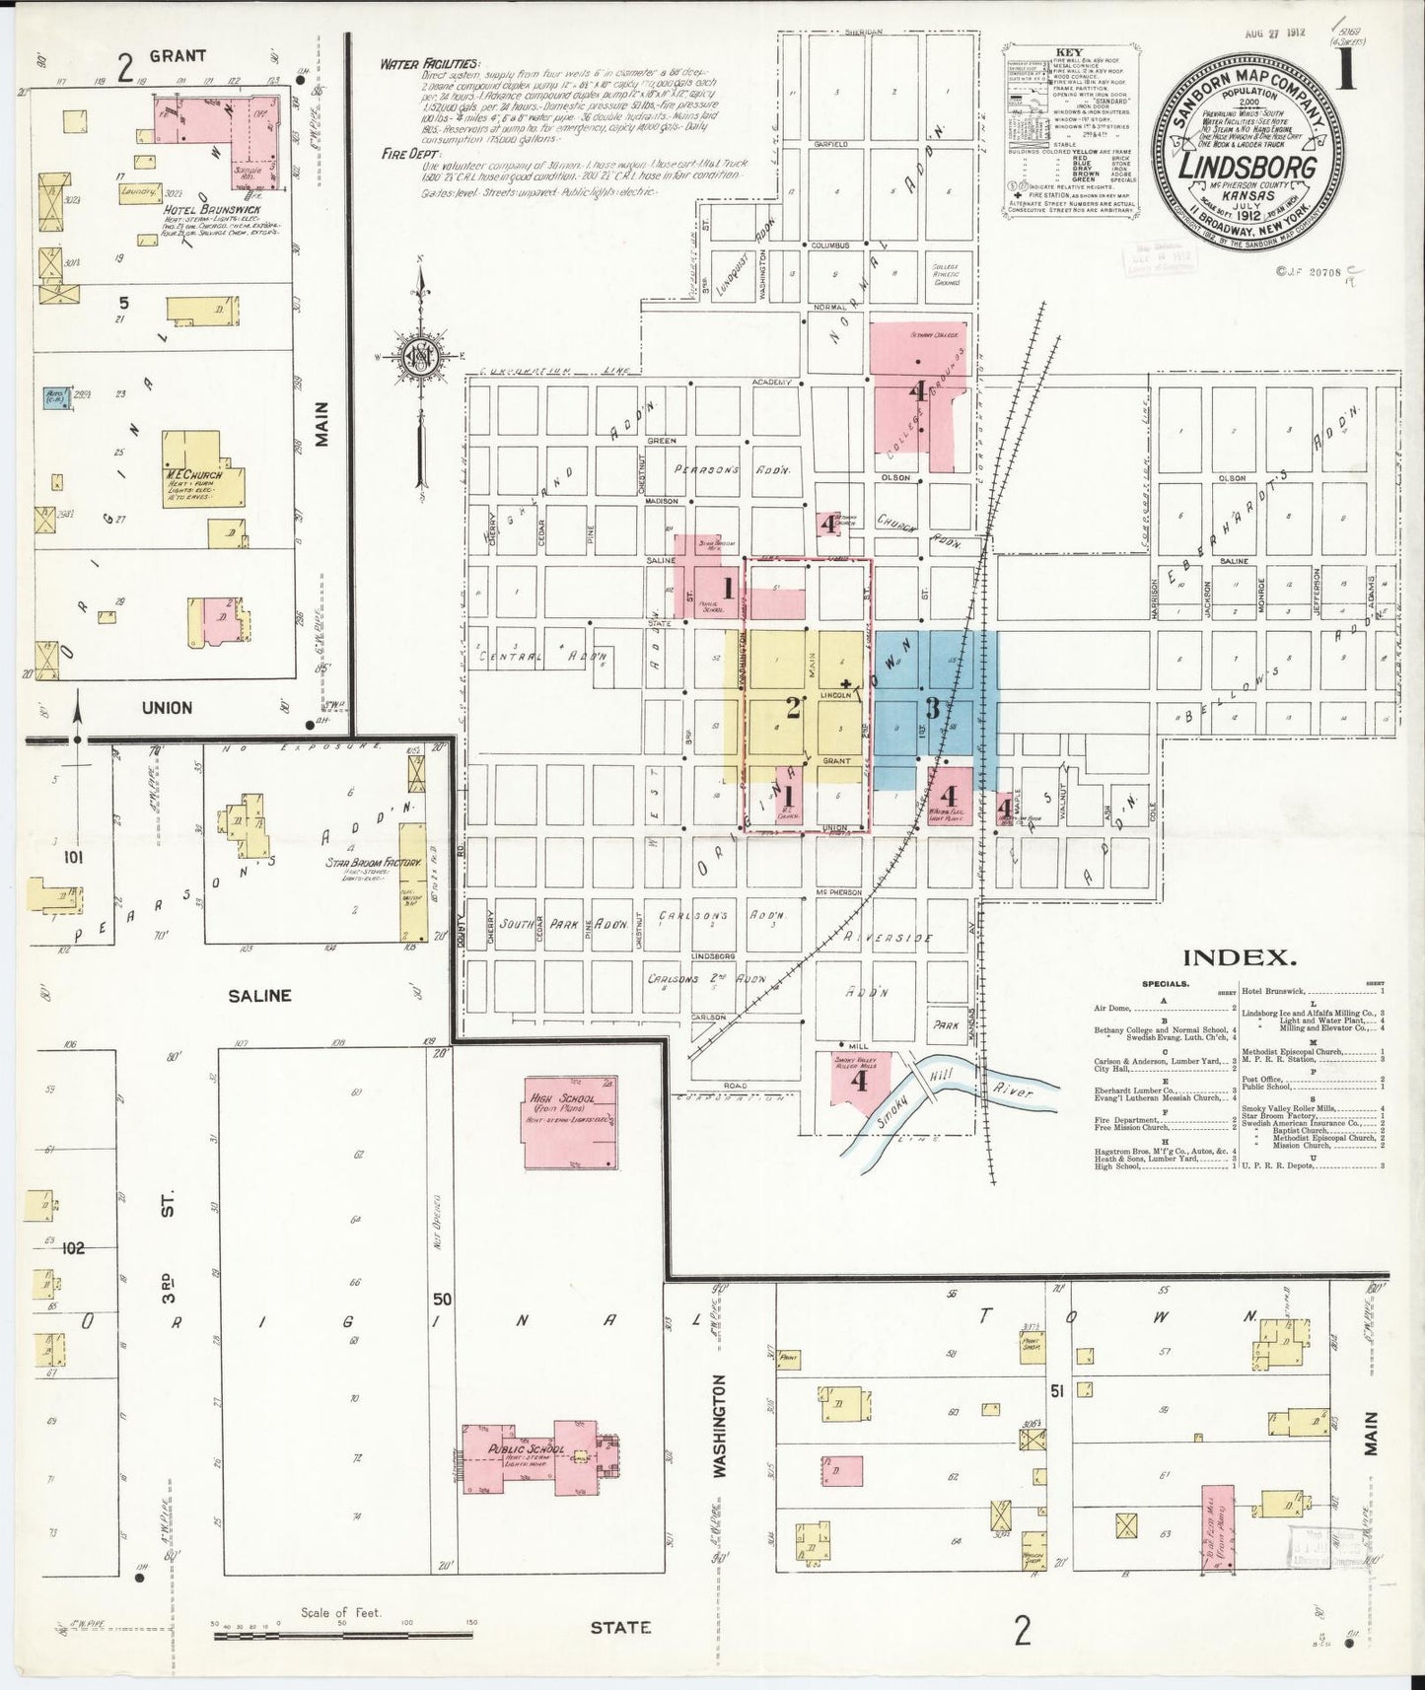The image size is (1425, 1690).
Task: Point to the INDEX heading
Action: (x=1238, y=956)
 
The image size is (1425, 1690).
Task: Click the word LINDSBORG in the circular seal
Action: (x=1248, y=165)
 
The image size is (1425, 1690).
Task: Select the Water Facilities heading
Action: (x=430, y=65)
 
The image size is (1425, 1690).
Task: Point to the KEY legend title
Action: (x=1068, y=52)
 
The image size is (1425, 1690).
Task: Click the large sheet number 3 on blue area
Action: (x=931, y=708)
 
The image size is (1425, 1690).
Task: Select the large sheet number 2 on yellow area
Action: (x=792, y=707)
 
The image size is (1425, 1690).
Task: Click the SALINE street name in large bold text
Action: (x=259, y=996)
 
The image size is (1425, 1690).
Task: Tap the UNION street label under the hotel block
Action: (x=167, y=707)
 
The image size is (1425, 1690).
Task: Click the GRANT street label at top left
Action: (x=178, y=56)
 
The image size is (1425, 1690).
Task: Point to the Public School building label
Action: (x=527, y=1449)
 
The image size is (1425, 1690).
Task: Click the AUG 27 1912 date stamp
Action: (x=1274, y=32)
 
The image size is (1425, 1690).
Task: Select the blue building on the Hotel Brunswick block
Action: (x=56, y=398)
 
